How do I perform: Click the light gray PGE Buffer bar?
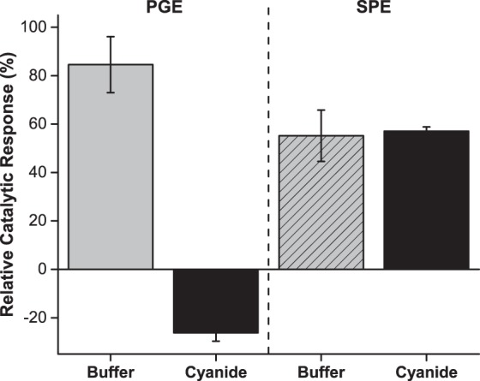(x=110, y=167)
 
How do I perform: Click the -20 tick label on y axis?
(x=35, y=318)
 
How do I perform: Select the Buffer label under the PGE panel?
(x=110, y=372)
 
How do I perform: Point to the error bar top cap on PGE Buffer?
(x=110, y=36)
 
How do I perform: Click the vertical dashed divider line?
(x=268, y=171)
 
